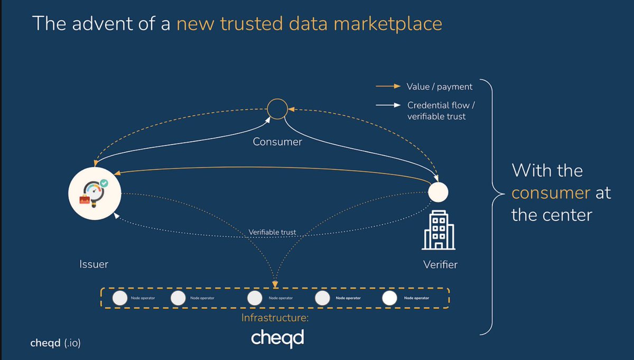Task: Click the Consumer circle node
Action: [x=277, y=109]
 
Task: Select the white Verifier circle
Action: [x=438, y=192]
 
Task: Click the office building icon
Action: [x=438, y=230]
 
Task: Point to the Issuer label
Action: [x=94, y=263]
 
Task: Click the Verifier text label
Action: [x=440, y=264]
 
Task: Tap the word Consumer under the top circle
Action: [x=277, y=142]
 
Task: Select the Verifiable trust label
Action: [x=273, y=232]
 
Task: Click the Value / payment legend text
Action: [x=440, y=87]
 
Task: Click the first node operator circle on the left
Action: [x=120, y=298]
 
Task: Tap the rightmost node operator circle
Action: [x=390, y=298]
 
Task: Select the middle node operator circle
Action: [x=255, y=298]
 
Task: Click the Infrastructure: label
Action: [x=275, y=318]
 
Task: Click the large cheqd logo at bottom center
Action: [x=278, y=337]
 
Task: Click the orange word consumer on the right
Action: [x=551, y=193]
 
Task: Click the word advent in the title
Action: [x=97, y=24]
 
